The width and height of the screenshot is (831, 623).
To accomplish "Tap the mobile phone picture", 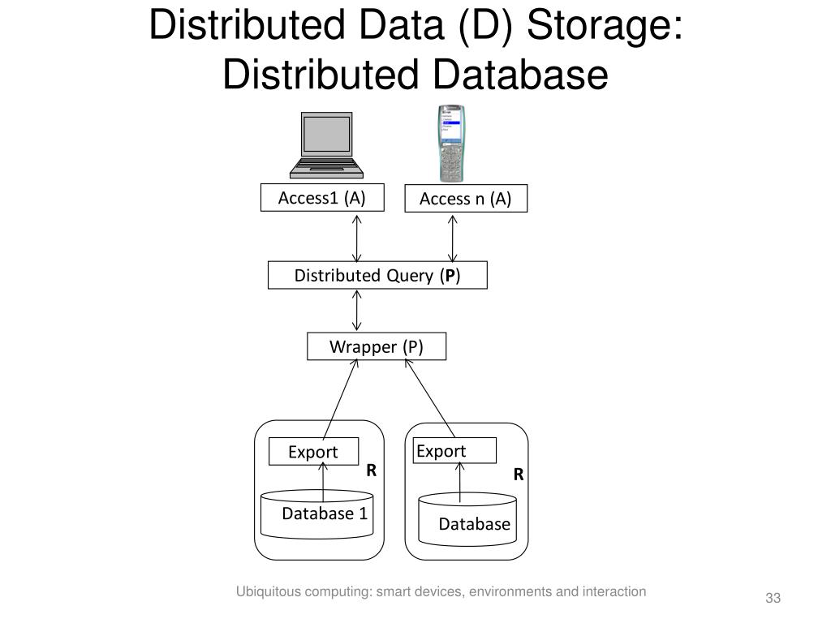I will point(450,143).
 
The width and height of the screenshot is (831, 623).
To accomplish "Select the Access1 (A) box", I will point(321,198).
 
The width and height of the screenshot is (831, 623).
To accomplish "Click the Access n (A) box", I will point(465,200).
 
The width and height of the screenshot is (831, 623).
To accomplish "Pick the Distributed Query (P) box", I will point(377,276).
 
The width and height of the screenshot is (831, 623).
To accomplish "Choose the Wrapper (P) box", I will point(377,347).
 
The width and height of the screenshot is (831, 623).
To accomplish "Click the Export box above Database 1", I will point(313,452).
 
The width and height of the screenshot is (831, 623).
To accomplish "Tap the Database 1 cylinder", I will point(317,514).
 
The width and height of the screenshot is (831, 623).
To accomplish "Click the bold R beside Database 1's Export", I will point(371,470).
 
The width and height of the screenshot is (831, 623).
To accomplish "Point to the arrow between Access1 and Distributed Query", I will point(356,238).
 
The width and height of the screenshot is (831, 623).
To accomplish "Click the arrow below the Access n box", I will point(453,238).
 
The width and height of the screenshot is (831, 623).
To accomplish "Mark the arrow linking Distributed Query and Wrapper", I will point(356,311).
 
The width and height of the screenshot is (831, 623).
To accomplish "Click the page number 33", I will point(772,599).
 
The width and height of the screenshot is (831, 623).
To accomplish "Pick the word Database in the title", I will point(519,75).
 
